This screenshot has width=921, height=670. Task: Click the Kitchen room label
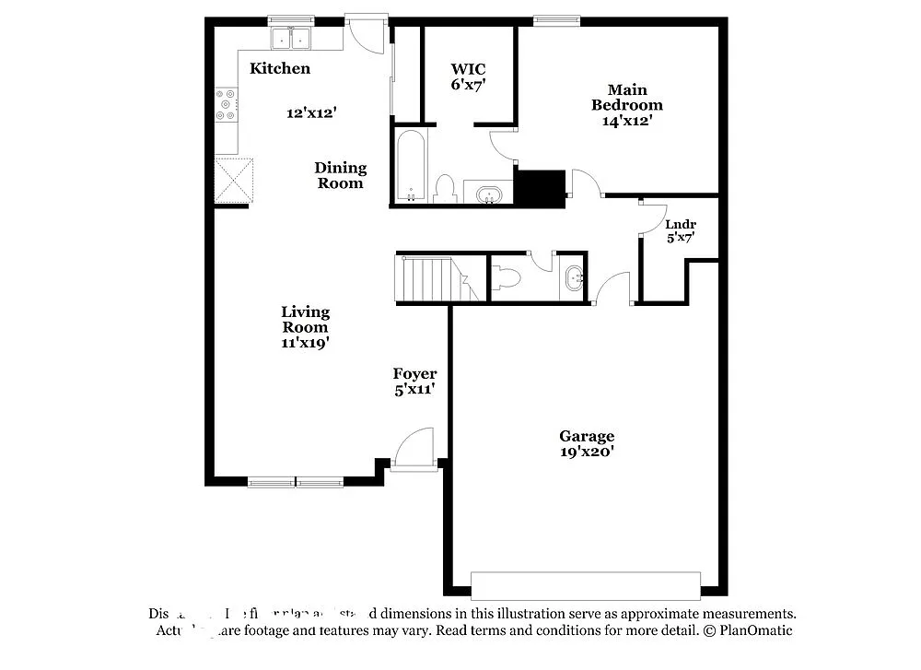pyautogui.click(x=280, y=68)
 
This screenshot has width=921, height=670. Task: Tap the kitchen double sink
pyautogui.click(x=292, y=38)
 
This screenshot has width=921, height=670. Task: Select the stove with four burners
pyautogui.click(x=226, y=104)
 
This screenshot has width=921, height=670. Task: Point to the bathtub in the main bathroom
pyautogui.click(x=410, y=166)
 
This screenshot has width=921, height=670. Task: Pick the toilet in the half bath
pyautogui.click(x=509, y=277)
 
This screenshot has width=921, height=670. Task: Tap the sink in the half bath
pyautogui.click(x=574, y=276)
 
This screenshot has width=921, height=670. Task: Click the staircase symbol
pyautogui.click(x=430, y=278)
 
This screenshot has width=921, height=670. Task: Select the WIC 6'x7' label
pyautogui.click(x=468, y=76)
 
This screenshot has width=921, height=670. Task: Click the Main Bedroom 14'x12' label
pyautogui.click(x=626, y=104)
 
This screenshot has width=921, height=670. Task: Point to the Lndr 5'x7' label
pyautogui.click(x=680, y=230)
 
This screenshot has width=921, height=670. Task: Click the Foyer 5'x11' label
pyautogui.click(x=414, y=381)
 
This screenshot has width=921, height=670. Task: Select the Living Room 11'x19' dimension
pyautogui.click(x=306, y=342)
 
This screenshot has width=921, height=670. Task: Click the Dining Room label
pyautogui.click(x=341, y=175)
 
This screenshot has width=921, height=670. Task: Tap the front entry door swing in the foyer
pyautogui.click(x=414, y=450)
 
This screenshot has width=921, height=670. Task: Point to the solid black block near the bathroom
pyautogui.click(x=539, y=187)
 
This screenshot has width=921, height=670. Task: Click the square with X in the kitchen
pyautogui.click(x=234, y=179)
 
